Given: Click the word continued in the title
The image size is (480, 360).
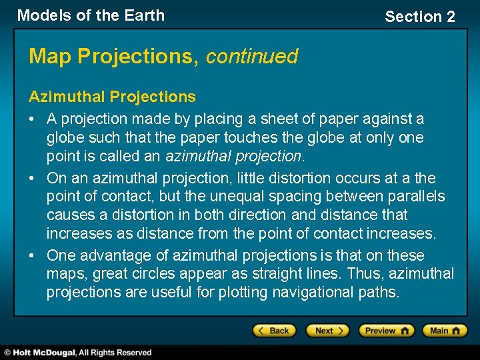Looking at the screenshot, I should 251,57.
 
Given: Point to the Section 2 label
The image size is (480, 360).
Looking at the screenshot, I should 419,17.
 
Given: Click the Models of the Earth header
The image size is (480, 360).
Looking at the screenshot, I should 91,15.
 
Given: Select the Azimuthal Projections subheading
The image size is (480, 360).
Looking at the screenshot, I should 112,97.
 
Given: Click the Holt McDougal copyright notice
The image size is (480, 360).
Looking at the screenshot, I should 77,352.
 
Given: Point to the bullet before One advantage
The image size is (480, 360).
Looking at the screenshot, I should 33,255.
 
